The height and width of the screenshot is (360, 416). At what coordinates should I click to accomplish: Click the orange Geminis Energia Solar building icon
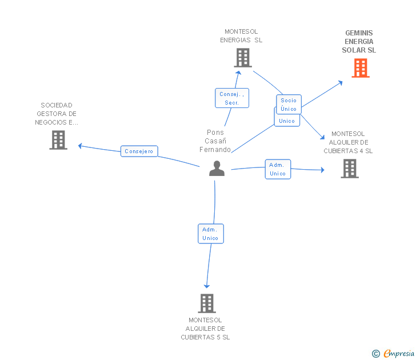click(x=360, y=68)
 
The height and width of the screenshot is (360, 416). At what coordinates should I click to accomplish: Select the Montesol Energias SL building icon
click(x=242, y=58)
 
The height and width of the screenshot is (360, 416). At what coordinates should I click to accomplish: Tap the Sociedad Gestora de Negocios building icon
click(x=58, y=140)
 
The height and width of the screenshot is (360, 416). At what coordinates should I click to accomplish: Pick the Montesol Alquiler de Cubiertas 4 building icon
click(x=349, y=169)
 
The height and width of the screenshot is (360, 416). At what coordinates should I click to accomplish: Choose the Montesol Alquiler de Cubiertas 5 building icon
click(x=206, y=303)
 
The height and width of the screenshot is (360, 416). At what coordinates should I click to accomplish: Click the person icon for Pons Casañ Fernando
click(x=217, y=169)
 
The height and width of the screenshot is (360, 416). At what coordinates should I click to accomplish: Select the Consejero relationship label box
click(x=139, y=151)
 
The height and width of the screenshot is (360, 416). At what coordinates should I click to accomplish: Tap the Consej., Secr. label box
click(x=231, y=98)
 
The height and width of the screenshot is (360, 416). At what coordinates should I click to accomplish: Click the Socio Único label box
click(x=289, y=105)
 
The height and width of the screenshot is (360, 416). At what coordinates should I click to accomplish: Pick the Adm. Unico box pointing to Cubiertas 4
click(x=278, y=169)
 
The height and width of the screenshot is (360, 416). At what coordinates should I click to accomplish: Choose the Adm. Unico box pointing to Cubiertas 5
click(x=210, y=234)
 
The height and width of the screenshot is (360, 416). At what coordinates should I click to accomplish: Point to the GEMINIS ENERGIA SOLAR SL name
click(x=359, y=42)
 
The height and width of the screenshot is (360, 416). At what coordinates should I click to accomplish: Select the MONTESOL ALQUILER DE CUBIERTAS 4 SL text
click(x=348, y=142)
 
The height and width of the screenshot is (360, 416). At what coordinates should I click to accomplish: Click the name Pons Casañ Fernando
click(x=215, y=141)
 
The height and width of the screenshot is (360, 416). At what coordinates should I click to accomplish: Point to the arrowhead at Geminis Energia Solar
click(x=341, y=82)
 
